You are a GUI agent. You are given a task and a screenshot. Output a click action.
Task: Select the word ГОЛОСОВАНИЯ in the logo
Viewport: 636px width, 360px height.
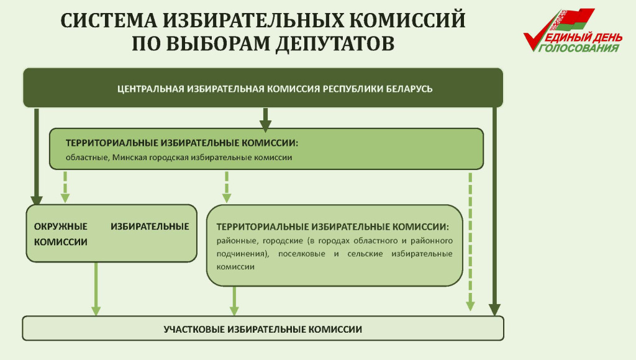point(580,48)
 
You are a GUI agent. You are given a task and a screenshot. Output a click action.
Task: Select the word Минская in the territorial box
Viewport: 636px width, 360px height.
point(127,158)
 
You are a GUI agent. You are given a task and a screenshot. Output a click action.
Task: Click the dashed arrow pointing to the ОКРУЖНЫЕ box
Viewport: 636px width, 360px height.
point(65,187)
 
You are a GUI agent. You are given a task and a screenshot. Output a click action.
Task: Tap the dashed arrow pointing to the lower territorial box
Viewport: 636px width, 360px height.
point(227,187)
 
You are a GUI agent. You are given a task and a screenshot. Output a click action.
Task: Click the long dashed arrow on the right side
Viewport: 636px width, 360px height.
point(470,242)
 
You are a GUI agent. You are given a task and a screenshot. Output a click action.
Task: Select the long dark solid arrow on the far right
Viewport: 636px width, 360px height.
point(494,211)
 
